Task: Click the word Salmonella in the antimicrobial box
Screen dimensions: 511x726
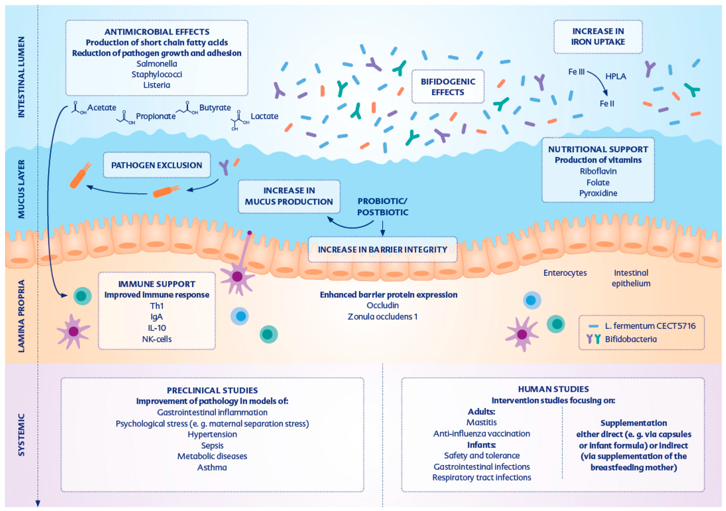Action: click(157, 64)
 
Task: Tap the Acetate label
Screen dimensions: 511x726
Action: click(102, 108)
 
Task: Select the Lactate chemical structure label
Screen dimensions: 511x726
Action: click(264, 116)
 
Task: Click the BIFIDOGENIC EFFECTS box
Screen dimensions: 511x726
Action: click(447, 86)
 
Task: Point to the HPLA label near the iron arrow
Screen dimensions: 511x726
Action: click(615, 76)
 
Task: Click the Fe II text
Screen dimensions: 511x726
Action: click(607, 104)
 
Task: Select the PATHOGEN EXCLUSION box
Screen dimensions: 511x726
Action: click(157, 165)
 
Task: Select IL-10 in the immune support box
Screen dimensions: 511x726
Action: click(157, 328)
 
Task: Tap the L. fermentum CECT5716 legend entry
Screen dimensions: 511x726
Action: click(650, 326)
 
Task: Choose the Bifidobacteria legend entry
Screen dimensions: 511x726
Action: click(631, 339)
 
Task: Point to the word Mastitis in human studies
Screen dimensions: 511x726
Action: click(481, 422)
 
